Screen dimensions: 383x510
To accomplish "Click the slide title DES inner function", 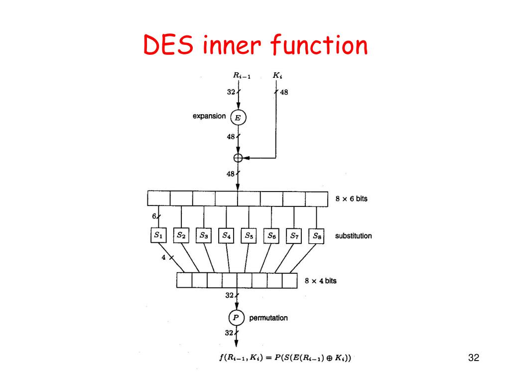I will (x=255, y=46).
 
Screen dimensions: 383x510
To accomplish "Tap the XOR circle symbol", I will (x=238, y=158).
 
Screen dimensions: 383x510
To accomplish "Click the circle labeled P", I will (x=237, y=317).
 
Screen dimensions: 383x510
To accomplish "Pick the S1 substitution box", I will (x=158, y=235).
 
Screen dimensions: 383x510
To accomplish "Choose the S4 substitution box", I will (x=227, y=235).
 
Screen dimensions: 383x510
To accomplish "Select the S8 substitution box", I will (x=316, y=236).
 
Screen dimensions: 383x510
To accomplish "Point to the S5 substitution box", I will (x=249, y=235).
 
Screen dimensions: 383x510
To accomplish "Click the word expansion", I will (x=209, y=116).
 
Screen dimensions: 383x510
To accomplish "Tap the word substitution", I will (x=353, y=235).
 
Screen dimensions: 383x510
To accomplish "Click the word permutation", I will (x=268, y=318).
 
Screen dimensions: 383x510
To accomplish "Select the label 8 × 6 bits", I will (x=351, y=198).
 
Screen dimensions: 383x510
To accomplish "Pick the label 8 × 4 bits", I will (x=320, y=281).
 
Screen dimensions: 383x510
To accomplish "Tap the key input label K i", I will (x=277, y=76).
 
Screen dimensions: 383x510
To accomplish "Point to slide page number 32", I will (x=474, y=358).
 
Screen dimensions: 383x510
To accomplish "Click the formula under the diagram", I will (x=286, y=358).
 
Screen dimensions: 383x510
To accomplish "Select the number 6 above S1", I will (x=154, y=217).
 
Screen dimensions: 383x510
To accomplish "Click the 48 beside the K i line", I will (x=284, y=92).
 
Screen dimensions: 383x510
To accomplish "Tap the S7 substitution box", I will (x=294, y=235).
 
